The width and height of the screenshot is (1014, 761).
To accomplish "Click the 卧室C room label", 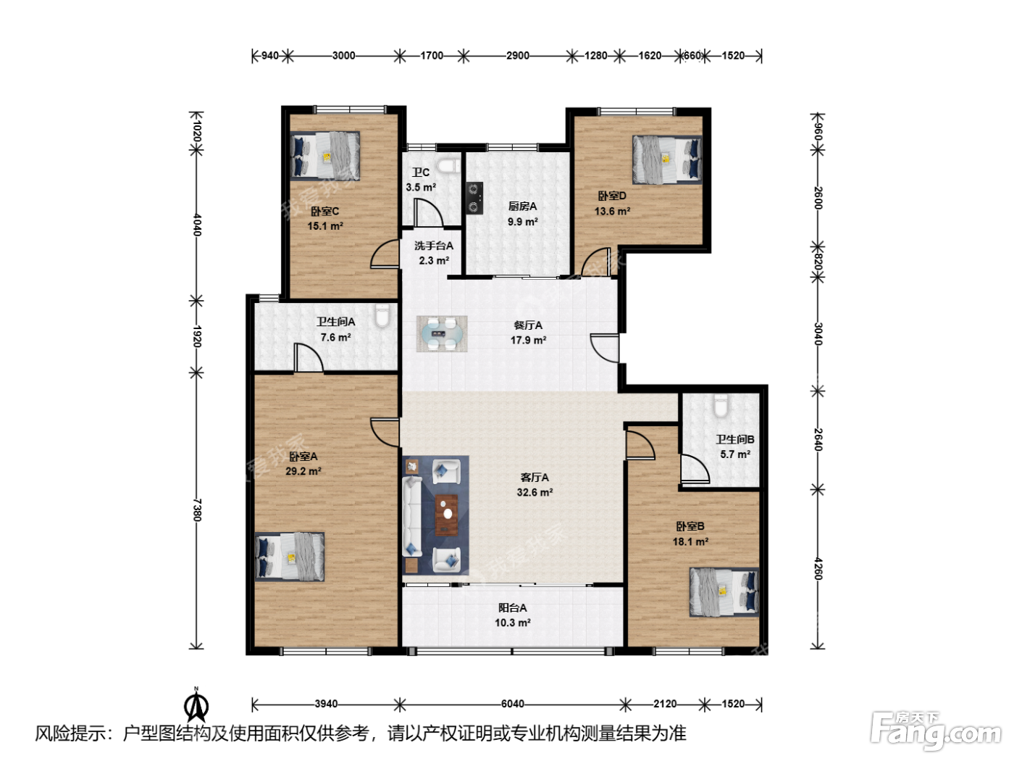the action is point(324,212).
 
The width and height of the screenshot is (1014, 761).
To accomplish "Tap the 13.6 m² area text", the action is point(613,211).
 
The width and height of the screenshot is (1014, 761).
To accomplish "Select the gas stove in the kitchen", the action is point(475,198).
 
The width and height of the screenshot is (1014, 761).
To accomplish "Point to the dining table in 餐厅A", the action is point(442,333).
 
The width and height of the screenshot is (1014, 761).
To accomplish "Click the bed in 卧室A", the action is point(290,557).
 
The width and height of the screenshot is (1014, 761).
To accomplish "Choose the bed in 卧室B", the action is point(724,592).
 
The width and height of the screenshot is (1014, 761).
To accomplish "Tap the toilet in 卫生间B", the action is point(721,406).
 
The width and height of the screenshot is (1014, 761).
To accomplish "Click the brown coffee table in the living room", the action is point(447,515).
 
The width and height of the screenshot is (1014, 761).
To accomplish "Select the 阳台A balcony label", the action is point(512,608).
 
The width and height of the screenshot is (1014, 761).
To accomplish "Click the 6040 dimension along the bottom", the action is point(513,704).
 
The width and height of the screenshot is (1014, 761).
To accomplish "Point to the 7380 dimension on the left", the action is point(197,510).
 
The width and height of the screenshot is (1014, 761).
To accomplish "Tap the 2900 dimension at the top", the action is point(518,56).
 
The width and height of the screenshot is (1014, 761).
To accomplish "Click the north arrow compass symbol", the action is point(196,705).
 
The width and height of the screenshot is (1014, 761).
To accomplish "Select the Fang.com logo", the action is point(936,731).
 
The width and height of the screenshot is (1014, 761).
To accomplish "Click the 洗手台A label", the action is point(434,246).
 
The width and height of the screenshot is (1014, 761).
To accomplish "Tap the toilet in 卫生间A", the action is point(382,315).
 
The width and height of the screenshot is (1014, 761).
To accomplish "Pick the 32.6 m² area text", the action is point(535,492).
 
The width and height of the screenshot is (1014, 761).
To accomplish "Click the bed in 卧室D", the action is point(667,160).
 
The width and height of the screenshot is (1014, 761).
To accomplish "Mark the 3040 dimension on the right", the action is point(818,333).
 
